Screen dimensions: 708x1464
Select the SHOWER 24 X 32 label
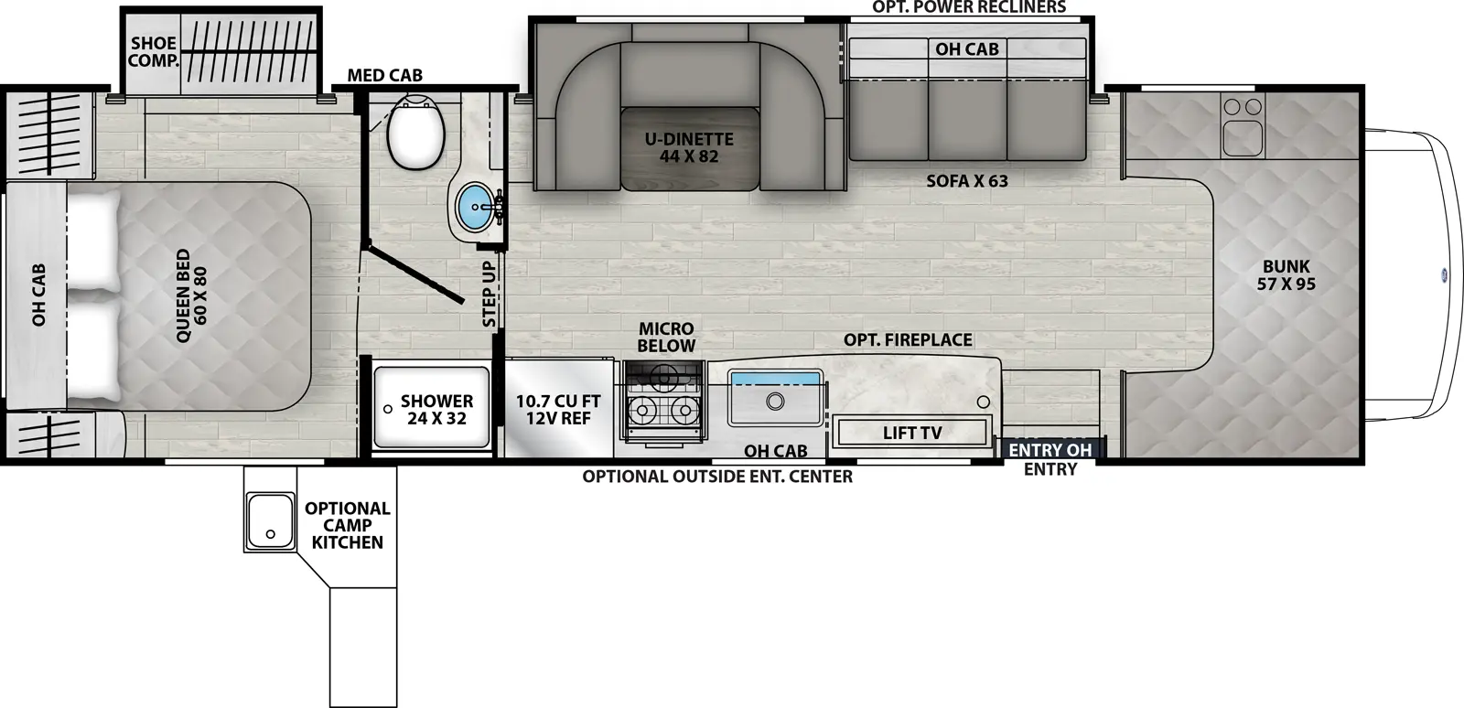[436, 410]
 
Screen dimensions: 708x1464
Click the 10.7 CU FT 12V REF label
[557, 410]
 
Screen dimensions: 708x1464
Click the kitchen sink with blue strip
[775, 398]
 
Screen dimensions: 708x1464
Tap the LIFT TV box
[911, 433]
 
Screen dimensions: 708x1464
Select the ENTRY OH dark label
[1050, 450]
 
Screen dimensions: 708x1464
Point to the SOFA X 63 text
[966, 181]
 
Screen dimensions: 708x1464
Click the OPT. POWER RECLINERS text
[968, 7]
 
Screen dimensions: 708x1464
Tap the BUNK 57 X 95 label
[1286, 275]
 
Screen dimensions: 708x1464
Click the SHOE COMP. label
[153, 52]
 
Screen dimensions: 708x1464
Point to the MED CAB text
[384, 75]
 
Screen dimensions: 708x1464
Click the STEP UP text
[490, 295]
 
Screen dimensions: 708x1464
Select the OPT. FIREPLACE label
[907, 340]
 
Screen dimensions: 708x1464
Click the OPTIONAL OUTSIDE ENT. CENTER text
[717, 477]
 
